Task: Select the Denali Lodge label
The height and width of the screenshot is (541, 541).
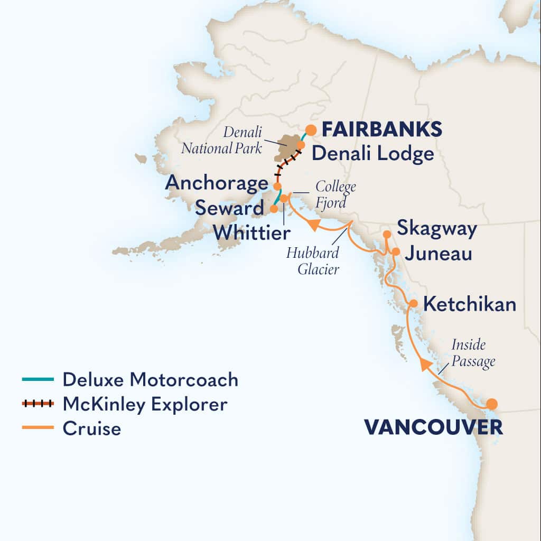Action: point(372,154)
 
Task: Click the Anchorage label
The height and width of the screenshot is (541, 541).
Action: point(217,183)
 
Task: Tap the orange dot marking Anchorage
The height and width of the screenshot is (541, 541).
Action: point(277,186)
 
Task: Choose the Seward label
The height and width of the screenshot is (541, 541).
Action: point(229,208)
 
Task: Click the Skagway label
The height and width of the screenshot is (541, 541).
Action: point(436,229)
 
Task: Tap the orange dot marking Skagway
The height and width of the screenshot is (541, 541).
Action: point(387,234)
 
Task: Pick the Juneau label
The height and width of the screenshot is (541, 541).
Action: point(438,254)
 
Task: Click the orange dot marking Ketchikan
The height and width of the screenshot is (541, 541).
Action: point(414,304)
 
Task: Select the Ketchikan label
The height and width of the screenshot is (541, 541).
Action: point(470,305)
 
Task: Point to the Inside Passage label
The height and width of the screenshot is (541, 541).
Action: point(473,353)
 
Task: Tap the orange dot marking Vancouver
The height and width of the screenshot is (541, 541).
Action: point(492,404)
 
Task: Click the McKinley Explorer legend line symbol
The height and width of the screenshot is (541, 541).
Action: point(38,404)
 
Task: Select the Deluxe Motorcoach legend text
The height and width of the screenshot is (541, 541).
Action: point(150,379)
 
